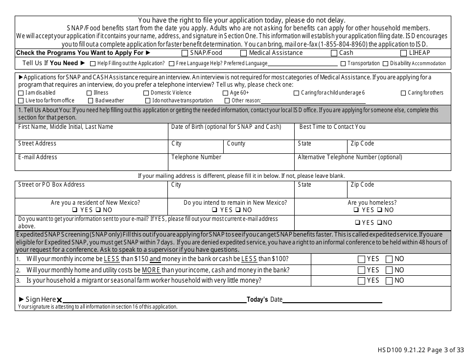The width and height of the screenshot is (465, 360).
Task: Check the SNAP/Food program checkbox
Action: [185, 53]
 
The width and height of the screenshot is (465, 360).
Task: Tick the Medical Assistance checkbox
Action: [243, 53]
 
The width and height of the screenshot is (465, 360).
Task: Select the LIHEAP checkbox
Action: [403, 53]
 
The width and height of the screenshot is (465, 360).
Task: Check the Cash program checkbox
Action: [334, 53]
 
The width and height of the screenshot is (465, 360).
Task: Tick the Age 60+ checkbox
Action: [225, 93]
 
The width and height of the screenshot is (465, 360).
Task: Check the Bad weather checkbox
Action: [91, 100]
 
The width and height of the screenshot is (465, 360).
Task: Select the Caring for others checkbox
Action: [403, 93]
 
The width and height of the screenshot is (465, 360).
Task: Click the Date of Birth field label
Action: [226, 127]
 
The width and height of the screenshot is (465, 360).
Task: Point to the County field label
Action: [236, 144]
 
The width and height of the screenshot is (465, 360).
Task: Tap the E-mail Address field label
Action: [38, 157]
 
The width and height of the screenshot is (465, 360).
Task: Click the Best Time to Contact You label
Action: [332, 127]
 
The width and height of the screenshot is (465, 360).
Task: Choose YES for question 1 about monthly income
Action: [361, 259]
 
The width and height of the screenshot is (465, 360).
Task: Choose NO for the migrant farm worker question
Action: [389, 281]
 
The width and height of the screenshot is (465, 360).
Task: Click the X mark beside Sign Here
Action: [59, 300]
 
